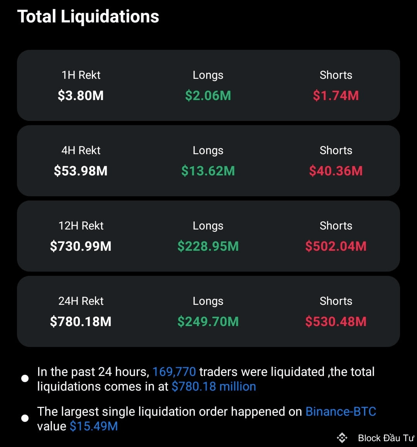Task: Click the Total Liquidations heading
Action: tap(88, 17)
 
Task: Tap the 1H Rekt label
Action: tap(81, 75)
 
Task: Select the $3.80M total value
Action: tap(81, 95)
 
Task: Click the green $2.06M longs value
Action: tap(208, 95)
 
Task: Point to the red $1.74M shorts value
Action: tap(336, 95)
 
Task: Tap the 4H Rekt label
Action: tap(81, 150)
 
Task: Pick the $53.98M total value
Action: tap(81, 171)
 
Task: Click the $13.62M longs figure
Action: tap(208, 171)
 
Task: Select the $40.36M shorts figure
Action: tap(336, 171)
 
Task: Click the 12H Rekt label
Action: tap(81, 226)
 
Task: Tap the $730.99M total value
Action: tap(81, 246)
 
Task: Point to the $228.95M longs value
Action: tap(208, 246)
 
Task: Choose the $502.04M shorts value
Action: tap(336, 246)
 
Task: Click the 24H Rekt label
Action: tap(81, 301)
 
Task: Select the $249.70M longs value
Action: tap(208, 321)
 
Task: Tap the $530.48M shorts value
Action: tap(336, 321)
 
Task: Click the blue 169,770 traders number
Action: tap(174, 372)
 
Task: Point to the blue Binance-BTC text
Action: tap(341, 411)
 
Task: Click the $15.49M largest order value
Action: tap(94, 426)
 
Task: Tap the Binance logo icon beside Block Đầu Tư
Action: tap(342, 438)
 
